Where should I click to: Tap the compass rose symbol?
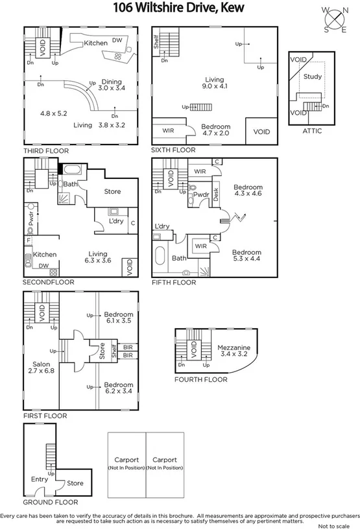click(x=335, y=19)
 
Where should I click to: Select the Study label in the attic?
click(x=312, y=76)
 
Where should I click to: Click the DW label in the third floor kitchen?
click(x=117, y=40)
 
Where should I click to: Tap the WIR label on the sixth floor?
click(x=167, y=130)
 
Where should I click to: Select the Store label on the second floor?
click(x=112, y=191)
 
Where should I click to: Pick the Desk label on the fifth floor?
click(x=216, y=195)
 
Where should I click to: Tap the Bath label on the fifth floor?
click(x=178, y=257)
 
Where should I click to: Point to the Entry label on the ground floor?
click(x=40, y=479)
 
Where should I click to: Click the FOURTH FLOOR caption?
click(x=200, y=380)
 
